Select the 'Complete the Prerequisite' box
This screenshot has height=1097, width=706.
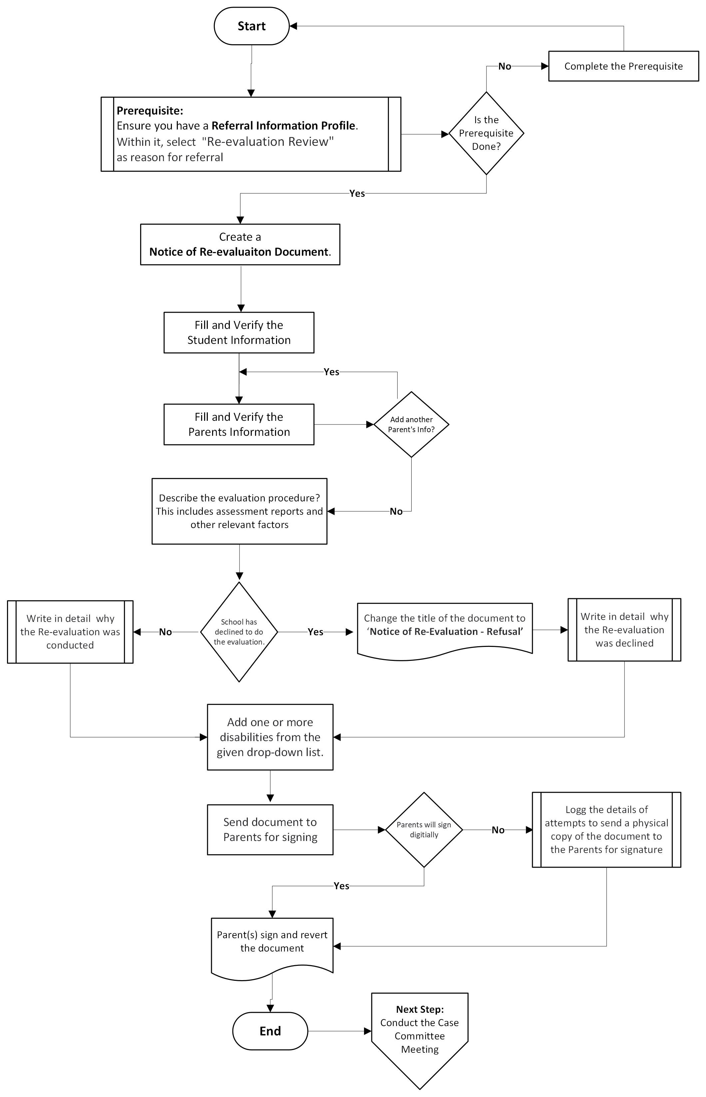tap(623, 67)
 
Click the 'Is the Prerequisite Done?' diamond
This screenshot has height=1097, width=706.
tap(486, 133)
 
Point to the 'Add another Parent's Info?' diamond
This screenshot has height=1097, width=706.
tap(411, 424)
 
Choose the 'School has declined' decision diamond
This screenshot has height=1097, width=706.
tap(239, 632)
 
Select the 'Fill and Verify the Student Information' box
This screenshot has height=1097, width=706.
tap(239, 333)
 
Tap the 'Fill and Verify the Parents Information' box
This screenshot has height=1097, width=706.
tap(239, 424)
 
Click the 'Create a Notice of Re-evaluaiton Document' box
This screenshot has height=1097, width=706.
tap(240, 244)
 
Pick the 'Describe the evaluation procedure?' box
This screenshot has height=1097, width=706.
tap(239, 511)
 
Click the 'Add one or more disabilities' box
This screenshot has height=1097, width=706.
tap(270, 737)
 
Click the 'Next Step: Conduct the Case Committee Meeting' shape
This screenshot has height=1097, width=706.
tap(420, 1031)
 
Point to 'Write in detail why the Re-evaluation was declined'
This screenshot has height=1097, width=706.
tap(624, 630)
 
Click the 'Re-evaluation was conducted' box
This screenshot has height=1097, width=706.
tap(70, 632)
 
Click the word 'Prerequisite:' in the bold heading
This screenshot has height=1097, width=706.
tap(150, 111)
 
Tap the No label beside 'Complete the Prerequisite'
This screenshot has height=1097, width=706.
tap(504, 67)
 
